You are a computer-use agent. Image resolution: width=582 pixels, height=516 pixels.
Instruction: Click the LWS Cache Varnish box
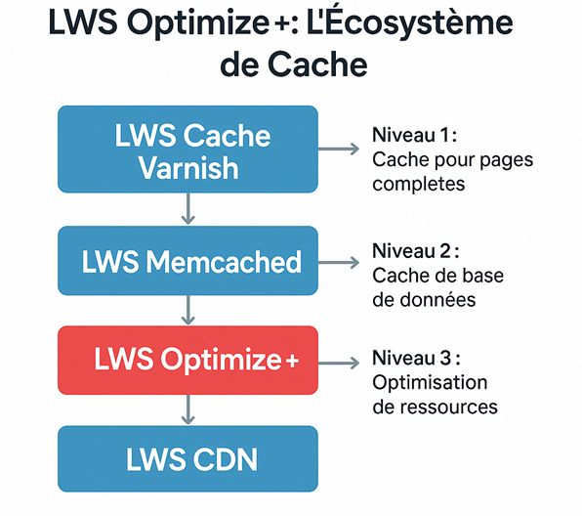(188, 150)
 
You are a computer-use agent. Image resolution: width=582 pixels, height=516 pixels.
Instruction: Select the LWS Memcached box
(188, 261)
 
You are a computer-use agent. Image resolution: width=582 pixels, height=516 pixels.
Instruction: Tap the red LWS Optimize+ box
(188, 361)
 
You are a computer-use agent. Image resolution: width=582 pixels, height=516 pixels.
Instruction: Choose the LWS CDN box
(188, 459)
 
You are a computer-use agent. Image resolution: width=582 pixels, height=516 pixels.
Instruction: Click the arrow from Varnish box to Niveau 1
(339, 150)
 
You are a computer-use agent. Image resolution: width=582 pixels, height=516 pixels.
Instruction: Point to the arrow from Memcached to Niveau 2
(339, 262)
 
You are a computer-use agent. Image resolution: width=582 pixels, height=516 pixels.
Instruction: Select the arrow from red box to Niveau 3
(339, 362)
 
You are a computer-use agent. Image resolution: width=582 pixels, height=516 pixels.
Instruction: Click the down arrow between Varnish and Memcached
(188, 209)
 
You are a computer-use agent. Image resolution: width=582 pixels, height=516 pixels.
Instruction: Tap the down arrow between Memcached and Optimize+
(188, 311)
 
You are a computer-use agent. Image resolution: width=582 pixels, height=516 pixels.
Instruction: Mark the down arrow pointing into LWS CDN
(188, 410)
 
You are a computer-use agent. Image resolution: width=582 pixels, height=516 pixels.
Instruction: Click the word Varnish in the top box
(188, 167)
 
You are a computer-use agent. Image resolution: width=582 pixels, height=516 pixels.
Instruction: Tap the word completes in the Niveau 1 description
(414, 184)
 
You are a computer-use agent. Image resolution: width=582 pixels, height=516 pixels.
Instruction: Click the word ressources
(449, 406)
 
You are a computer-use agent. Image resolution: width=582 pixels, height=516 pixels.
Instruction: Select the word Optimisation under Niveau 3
(430, 382)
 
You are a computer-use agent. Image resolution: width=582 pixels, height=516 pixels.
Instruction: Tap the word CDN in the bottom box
(227, 459)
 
